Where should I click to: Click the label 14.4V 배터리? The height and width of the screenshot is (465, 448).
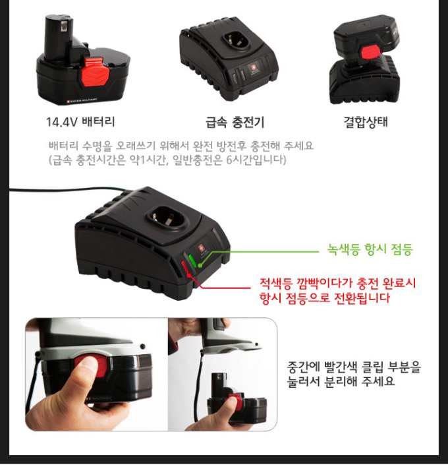[x=80, y=121]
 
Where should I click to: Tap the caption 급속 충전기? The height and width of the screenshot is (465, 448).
[x=235, y=122]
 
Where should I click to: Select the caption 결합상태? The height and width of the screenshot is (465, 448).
[x=366, y=121]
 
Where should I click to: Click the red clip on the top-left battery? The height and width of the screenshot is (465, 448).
[x=94, y=72]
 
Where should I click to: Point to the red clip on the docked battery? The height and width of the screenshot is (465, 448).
[x=371, y=52]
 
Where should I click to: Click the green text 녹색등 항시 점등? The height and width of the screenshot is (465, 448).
[x=370, y=249]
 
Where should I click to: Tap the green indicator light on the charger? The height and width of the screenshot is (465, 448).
[x=192, y=259]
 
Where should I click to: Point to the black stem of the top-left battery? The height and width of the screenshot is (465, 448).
[x=59, y=35]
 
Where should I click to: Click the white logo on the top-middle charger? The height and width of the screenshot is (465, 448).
[x=254, y=69]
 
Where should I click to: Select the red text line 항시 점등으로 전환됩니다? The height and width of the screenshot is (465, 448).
[x=324, y=297]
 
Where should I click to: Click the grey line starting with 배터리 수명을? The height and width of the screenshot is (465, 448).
[x=181, y=145]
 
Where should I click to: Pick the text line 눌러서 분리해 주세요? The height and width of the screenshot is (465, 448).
[x=341, y=381]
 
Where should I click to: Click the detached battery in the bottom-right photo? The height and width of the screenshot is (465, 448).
[x=237, y=396]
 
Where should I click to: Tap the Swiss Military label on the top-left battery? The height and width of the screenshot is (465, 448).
[x=82, y=100]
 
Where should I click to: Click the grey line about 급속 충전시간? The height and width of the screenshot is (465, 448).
[x=167, y=160]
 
